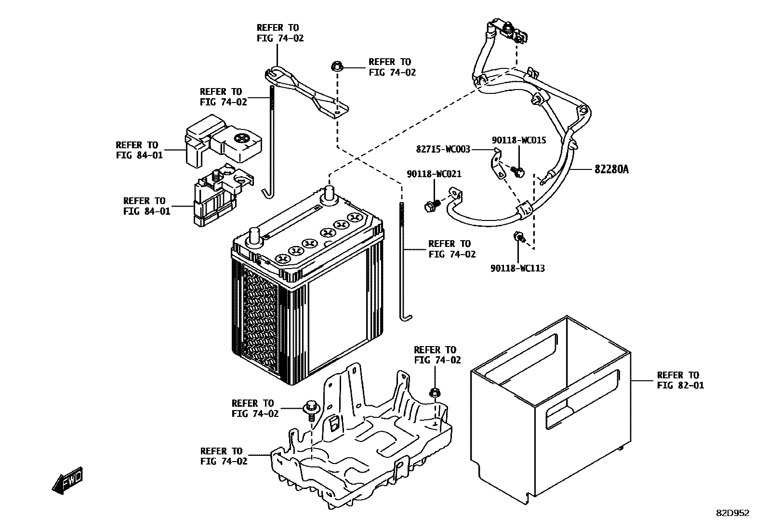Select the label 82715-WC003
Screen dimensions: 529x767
pos(443,150)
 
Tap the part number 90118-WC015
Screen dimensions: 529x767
pos(519,140)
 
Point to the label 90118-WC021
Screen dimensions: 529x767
pos(434,174)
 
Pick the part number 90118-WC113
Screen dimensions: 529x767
pos(517,269)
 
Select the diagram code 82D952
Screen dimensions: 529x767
pos(732,513)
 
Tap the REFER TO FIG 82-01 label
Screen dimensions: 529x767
pos(680,380)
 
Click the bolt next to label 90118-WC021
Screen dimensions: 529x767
pos(431,206)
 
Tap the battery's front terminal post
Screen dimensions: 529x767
pos(254,238)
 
